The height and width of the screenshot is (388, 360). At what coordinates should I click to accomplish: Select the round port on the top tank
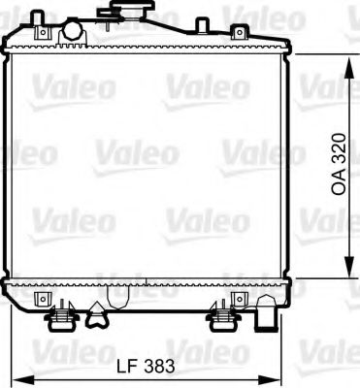point(72,32)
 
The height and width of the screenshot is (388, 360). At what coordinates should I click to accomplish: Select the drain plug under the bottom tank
point(98,311)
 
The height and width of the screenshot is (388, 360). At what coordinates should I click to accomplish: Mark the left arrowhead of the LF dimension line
point(16,378)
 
